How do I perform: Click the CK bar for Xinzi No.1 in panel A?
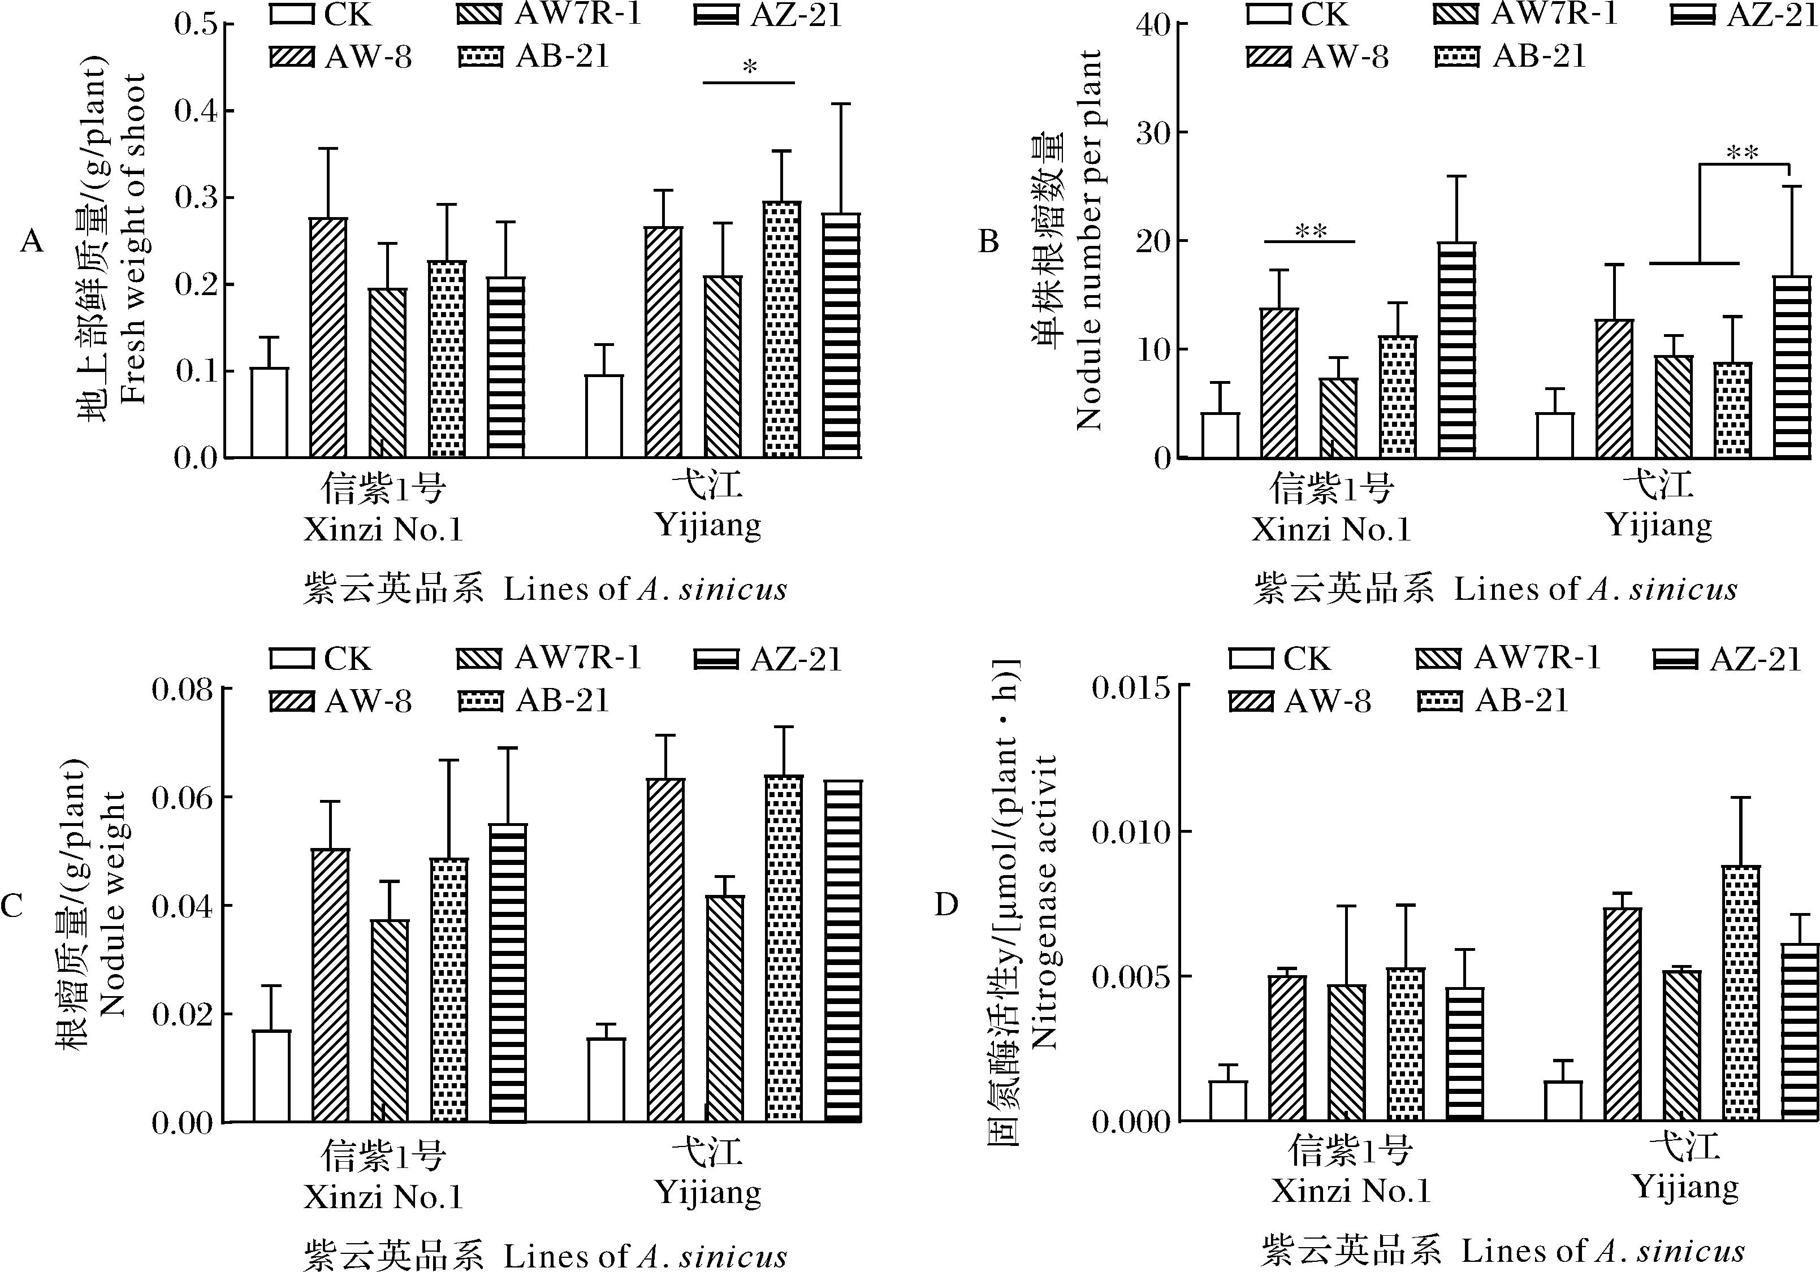point(270,412)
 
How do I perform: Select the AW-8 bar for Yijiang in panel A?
point(663,343)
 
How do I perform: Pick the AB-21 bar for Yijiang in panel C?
point(783,949)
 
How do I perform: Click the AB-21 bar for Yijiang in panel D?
point(1741,993)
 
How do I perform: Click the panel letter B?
point(988,241)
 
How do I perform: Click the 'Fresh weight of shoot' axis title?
point(134,238)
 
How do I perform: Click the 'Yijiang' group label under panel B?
point(1658,525)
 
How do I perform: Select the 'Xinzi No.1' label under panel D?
point(1351,1191)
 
